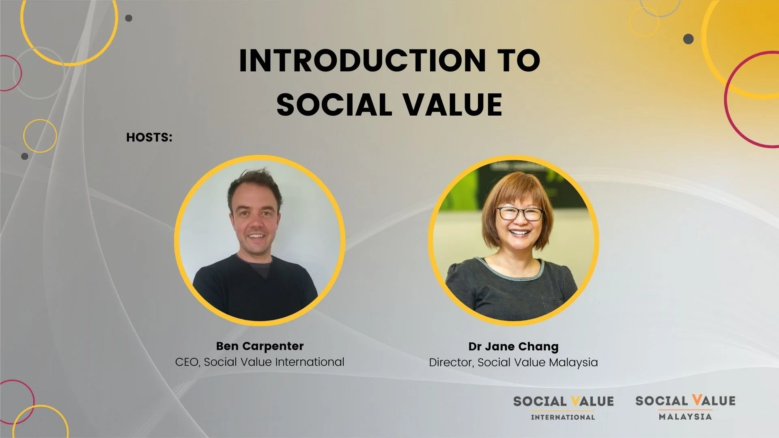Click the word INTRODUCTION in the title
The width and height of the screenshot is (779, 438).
coord(362,61)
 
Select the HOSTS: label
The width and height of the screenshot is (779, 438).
coord(149,137)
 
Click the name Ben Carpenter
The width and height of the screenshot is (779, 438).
coord(260,346)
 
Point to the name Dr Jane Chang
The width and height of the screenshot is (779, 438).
coord(513,346)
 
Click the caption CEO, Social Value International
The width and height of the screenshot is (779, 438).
coord(260,362)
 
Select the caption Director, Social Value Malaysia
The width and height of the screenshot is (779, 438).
coord(513,362)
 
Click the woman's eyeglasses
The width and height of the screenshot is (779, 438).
coord(520,213)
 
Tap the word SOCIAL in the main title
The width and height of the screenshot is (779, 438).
coord(333,105)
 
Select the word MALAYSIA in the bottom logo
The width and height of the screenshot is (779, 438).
coord(685,417)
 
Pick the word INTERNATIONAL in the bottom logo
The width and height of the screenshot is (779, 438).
coord(563,417)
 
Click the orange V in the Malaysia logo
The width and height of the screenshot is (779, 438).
coord(697,400)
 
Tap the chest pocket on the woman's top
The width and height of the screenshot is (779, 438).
coord(552,304)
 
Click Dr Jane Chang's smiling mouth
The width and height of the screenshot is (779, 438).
coord(519,233)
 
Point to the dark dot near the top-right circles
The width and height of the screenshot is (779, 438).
coord(689,39)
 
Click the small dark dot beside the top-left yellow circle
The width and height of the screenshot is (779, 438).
coord(129,18)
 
